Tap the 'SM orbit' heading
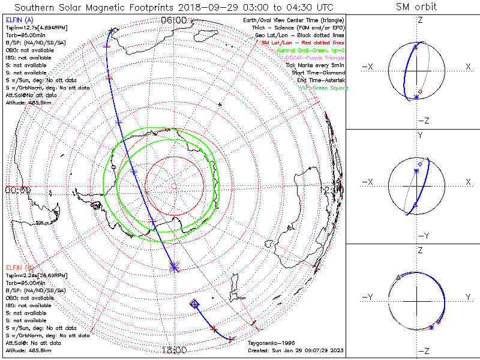[x=416, y=7]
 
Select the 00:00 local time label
[x=18, y=190]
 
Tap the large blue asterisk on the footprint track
[x=175, y=266]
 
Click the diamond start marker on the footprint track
[x=194, y=304]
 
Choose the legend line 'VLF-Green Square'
[x=323, y=88]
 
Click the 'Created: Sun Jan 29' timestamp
[x=296, y=350]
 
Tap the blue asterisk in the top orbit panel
[x=416, y=97]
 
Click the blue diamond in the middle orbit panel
[x=421, y=164]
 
